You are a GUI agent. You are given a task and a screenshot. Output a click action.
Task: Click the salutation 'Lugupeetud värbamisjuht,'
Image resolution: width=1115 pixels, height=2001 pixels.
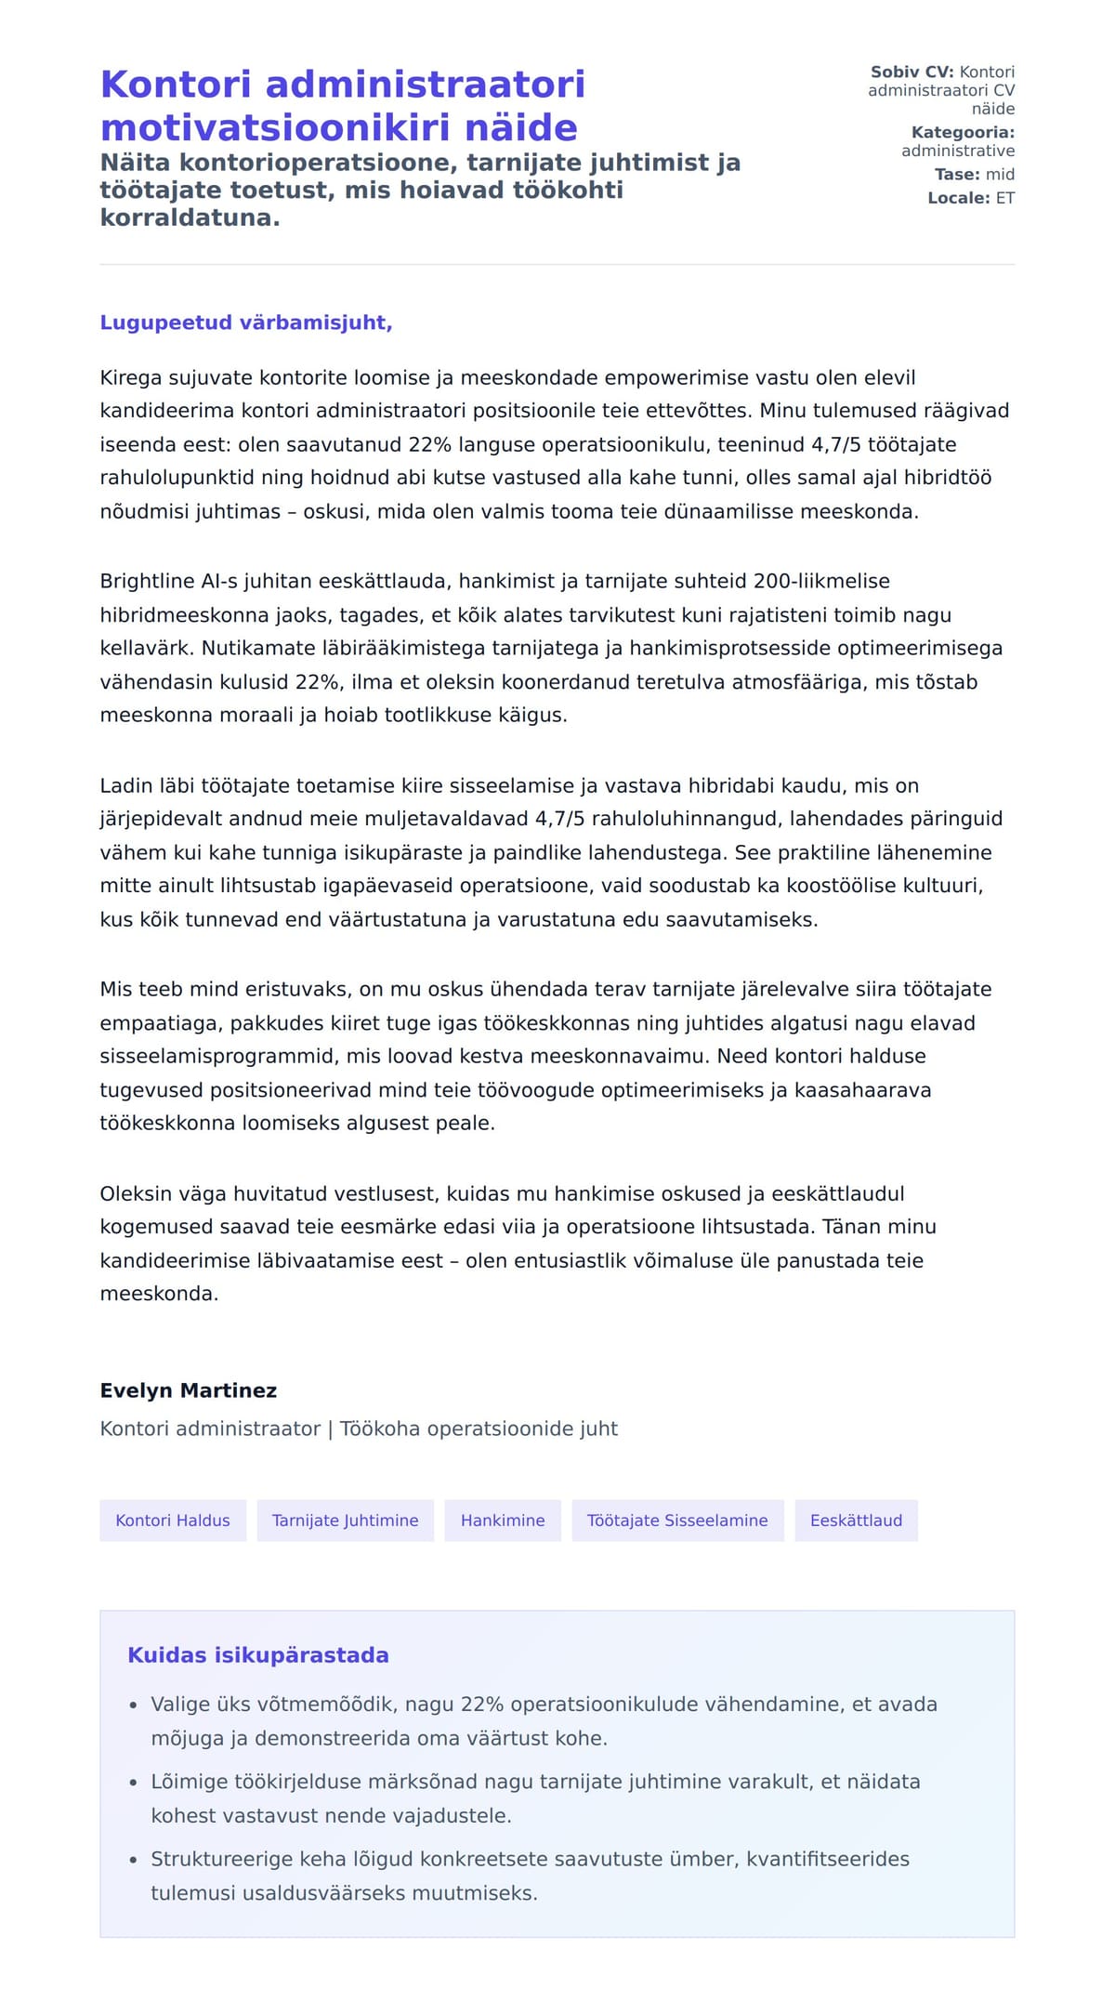[x=246, y=323]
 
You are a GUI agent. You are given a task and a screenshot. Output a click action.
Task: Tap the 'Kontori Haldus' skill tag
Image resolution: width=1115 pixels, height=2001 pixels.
[x=173, y=1520]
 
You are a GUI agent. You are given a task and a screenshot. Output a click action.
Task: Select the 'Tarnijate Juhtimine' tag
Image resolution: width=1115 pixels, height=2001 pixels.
[x=345, y=1520]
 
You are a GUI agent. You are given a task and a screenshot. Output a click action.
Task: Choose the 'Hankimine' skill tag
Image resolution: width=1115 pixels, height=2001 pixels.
[x=503, y=1520]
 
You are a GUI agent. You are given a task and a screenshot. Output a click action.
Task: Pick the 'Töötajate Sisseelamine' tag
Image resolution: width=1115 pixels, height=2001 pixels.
[x=677, y=1520]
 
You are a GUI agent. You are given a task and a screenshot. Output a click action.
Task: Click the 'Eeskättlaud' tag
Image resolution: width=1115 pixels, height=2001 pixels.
[x=856, y=1520]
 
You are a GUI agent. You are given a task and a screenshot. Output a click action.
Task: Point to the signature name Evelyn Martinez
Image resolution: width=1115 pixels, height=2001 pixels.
[x=189, y=1390]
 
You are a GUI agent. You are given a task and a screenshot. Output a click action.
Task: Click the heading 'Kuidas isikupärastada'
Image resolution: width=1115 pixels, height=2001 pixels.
[x=258, y=1655]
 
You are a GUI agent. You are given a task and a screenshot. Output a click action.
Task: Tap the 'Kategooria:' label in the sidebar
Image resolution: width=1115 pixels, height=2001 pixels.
[x=963, y=133]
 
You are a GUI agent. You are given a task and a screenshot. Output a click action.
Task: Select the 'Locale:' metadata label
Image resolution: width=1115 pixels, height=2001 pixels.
[x=959, y=198]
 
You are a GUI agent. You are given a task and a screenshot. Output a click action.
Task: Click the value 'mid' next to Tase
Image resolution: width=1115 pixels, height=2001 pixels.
[x=1000, y=175]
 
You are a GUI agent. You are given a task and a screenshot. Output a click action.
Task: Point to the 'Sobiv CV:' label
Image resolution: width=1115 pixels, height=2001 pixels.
[x=912, y=72]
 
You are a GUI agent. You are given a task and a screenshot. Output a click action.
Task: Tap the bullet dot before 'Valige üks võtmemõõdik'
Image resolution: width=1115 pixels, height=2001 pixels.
[x=134, y=1705]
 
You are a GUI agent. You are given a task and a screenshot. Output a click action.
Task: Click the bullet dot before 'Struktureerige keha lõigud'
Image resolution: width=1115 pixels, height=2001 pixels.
[x=134, y=1860]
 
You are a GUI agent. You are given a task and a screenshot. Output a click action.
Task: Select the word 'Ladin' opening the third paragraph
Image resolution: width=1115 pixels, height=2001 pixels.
[x=125, y=786]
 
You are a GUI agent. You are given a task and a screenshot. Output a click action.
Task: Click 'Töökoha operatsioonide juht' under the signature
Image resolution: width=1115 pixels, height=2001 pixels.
[x=479, y=1428]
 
